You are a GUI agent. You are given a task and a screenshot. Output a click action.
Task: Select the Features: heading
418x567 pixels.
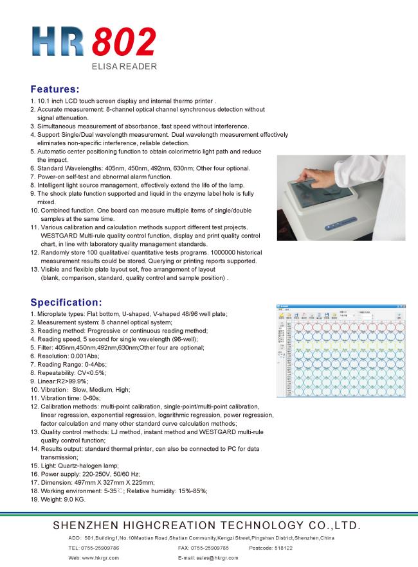click(55, 89)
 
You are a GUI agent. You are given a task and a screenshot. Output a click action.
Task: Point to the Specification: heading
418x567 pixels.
click(66, 301)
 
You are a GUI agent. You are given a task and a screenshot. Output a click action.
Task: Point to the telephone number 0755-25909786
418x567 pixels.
click(100, 548)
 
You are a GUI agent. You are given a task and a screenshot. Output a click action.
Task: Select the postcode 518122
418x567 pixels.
click(282, 548)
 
